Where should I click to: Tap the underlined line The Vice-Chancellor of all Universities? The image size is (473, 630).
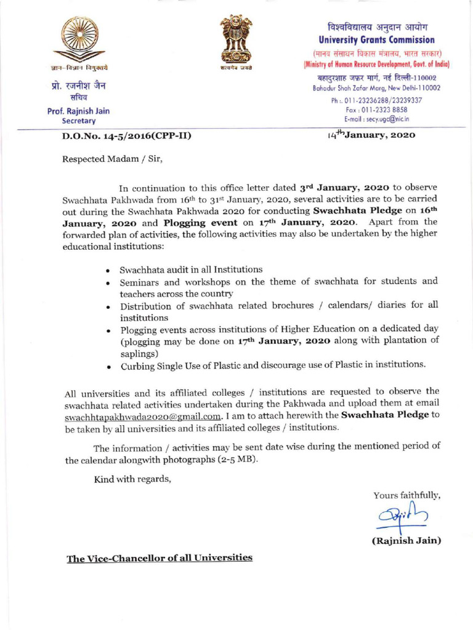(160, 558)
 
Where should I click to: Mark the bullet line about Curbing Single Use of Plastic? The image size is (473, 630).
(272, 365)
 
